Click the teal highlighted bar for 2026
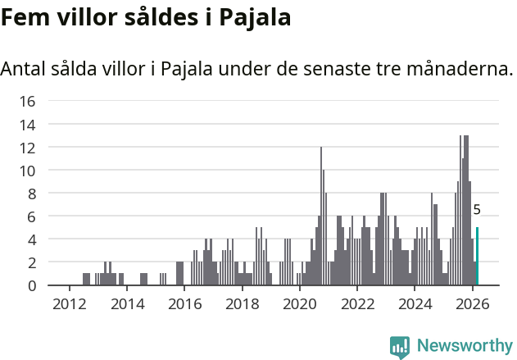(477, 257)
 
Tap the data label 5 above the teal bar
(477, 210)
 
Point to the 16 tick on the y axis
(27, 102)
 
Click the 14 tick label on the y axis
(27, 125)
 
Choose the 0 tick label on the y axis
(31, 285)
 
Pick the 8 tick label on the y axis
(31, 194)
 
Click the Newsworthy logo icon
(400, 347)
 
